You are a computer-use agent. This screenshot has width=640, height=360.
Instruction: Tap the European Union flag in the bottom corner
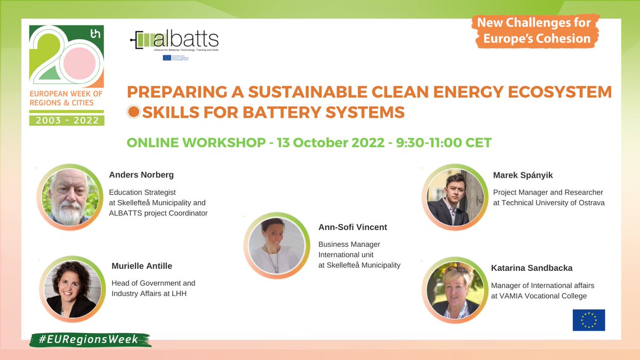[x=589, y=320]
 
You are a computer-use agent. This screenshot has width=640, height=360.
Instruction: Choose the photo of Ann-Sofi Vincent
[x=276, y=246]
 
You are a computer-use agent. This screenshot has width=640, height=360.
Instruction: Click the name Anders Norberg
[x=141, y=175]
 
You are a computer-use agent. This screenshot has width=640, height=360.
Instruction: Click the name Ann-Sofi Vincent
[x=353, y=227]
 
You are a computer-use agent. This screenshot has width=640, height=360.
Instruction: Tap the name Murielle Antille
[x=142, y=266]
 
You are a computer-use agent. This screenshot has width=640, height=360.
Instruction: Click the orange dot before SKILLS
[x=134, y=112]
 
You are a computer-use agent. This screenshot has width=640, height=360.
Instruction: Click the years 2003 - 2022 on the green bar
[x=67, y=120]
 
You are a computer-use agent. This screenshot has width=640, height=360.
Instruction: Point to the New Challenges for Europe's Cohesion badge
[x=534, y=31]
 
